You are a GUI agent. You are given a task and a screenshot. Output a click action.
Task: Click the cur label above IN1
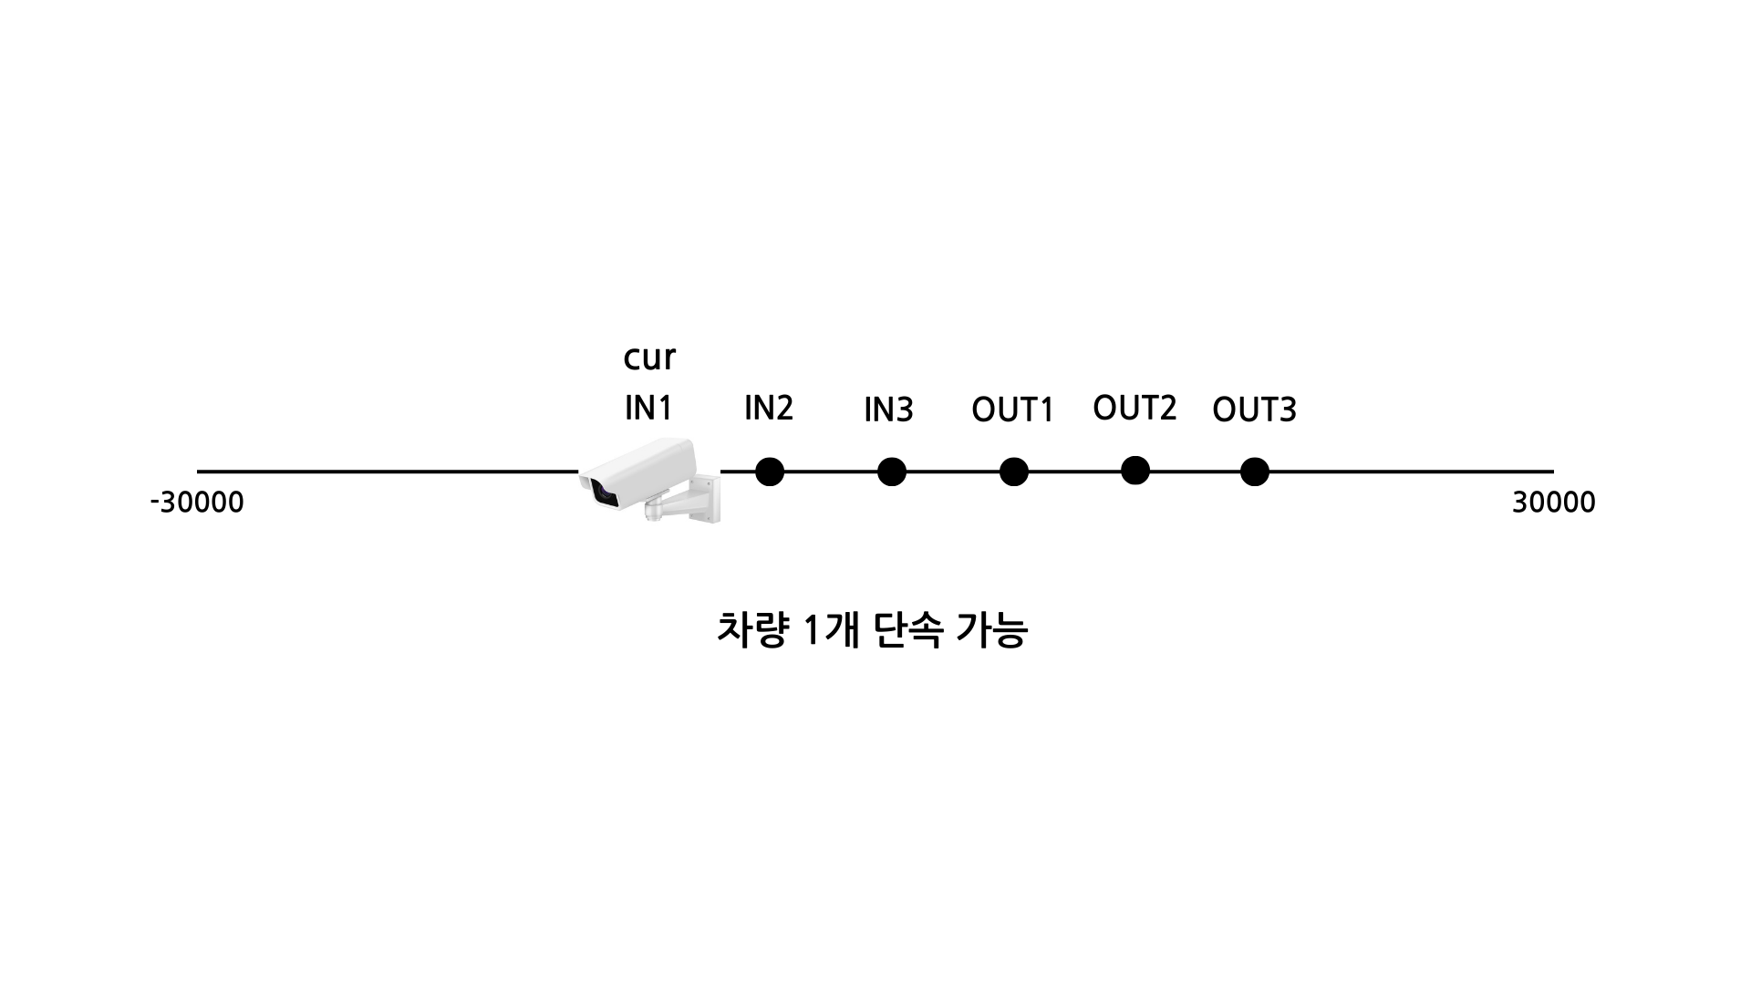(x=649, y=358)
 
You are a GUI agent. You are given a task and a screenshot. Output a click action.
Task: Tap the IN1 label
(x=648, y=409)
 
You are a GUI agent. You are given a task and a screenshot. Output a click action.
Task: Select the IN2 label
(x=769, y=409)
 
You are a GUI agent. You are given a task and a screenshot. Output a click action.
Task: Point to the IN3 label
(x=888, y=410)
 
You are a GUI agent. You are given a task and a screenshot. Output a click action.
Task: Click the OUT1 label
(x=1012, y=410)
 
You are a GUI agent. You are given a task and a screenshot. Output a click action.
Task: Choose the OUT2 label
(x=1135, y=409)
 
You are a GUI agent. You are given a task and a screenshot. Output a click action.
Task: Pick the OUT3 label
(x=1254, y=410)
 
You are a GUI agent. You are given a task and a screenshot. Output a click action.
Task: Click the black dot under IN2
(x=770, y=472)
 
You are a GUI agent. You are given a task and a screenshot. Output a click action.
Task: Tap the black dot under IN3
(x=891, y=472)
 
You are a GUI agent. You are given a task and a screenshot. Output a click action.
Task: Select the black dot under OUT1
(x=1013, y=472)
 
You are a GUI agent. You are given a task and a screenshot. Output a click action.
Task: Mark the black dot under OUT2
(x=1135, y=470)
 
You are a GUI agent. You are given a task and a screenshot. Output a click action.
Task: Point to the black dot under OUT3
(x=1255, y=472)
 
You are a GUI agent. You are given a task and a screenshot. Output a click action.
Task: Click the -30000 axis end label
(x=197, y=503)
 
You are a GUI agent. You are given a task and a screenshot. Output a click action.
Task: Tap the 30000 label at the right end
(x=1553, y=503)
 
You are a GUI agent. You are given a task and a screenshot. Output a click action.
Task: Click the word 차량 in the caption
(x=751, y=630)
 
